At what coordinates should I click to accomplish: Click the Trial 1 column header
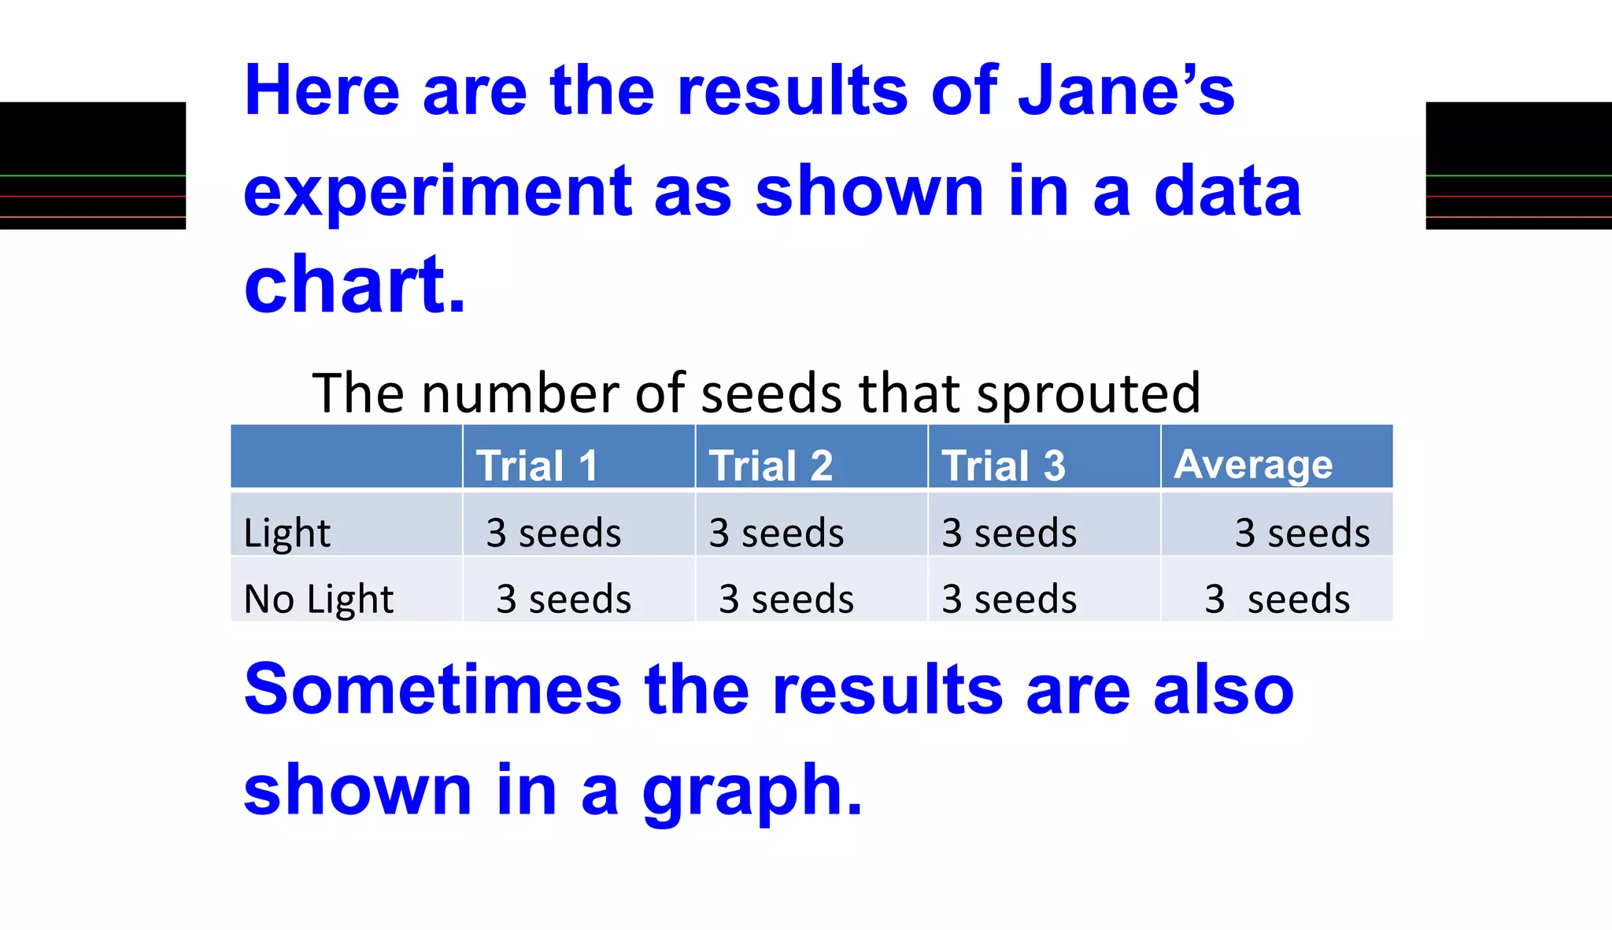[537, 465]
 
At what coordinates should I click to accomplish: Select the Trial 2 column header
[771, 465]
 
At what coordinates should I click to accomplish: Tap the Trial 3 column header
[1004, 465]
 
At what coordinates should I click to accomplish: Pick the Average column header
[1253, 463]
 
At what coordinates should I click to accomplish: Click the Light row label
[287, 533]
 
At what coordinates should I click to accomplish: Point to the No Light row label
[319, 599]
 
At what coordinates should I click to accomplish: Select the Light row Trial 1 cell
[553, 533]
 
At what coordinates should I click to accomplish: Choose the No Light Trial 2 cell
[786, 599]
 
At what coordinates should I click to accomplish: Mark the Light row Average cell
[1302, 533]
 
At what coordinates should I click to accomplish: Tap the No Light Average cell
[1277, 599]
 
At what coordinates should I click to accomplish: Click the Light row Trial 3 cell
[1009, 533]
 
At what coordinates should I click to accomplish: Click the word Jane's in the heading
[1126, 90]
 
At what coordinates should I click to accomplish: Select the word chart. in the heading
[355, 285]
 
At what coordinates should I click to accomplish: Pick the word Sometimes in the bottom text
[432, 689]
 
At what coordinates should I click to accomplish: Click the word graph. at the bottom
[752, 791]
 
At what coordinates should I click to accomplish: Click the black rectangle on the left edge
[93, 165]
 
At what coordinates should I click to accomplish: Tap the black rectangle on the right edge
[1518, 165]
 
